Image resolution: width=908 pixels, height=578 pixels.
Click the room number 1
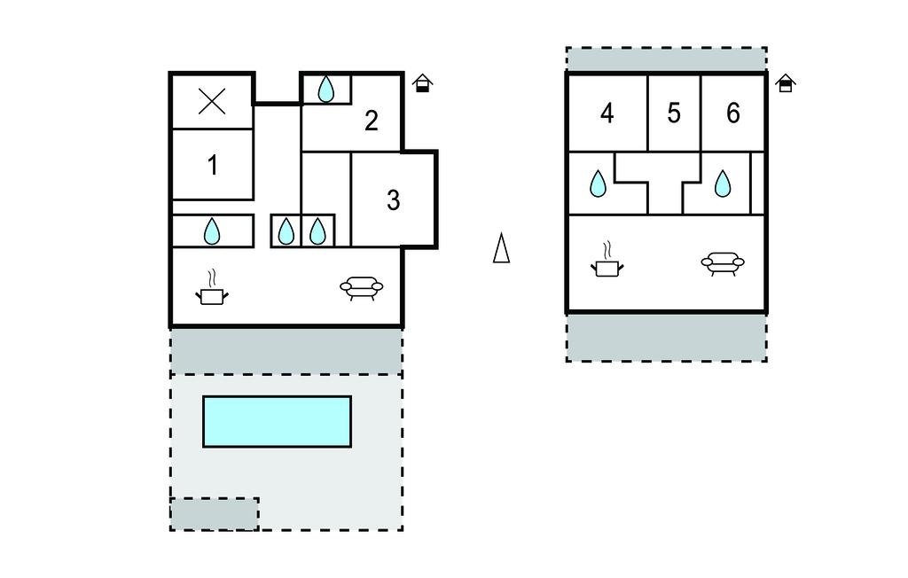pos(213,165)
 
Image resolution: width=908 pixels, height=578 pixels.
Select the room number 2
pos(372,121)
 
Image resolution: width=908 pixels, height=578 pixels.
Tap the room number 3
pos(394,200)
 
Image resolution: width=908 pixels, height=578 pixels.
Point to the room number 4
pos(607,113)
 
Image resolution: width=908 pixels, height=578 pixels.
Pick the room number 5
pos(674,113)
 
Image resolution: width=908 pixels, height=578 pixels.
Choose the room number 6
pos(732,113)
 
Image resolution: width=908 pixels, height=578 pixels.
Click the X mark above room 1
pos(212,102)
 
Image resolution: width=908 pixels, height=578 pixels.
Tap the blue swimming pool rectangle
pos(277,421)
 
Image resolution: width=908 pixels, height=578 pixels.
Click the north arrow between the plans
pos(501,248)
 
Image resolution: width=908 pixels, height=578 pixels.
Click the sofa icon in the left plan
pos(363,287)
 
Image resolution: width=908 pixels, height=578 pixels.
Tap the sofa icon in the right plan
pos(723,262)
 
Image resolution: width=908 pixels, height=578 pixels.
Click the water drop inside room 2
pos(326,90)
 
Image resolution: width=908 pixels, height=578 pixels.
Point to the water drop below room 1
pos(212,232)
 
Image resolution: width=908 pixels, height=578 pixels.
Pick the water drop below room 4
pos(599,184)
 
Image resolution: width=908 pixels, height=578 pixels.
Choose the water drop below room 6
pos(723,184)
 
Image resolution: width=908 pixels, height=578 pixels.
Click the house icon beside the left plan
pos(423,83)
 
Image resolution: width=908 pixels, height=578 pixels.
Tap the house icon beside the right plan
pos(785,83)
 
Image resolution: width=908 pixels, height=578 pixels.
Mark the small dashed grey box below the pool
pos(215,514)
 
